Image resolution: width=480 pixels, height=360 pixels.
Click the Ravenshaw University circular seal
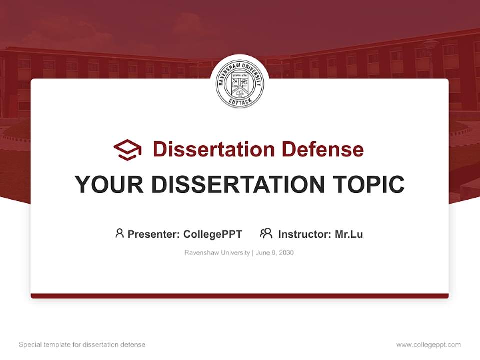click(240, 84)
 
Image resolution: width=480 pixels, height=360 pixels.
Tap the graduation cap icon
click(127, 149)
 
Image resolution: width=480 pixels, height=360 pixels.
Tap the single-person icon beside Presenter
click(119, 233)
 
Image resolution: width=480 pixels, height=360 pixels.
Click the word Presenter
click(153, 234)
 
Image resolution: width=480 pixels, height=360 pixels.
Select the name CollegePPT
click(213, 234)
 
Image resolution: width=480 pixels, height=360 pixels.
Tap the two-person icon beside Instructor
click(266, 233)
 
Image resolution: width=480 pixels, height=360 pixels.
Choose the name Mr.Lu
click(349, 234)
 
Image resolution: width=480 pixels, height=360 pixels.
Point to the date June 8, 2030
click(275, 253)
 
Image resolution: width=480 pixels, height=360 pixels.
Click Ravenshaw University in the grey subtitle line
click(217, 253)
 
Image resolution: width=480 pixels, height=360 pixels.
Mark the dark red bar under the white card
click(240, 296)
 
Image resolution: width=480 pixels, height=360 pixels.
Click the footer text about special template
click(82, 345)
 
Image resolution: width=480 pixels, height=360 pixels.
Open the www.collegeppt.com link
click(428, 345)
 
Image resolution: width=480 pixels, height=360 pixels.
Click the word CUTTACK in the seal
click(240, 101)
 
